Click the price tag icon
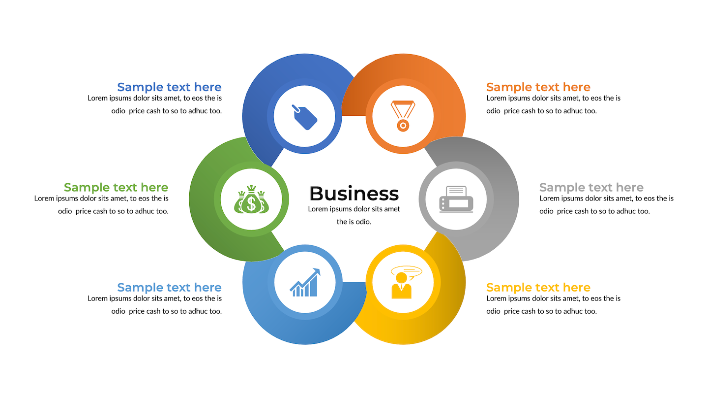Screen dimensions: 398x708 (x=304, y=117)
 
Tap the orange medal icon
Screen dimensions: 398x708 (x=403, y=116)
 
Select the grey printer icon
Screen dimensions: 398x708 (x=456, y=199)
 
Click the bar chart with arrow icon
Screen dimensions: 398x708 (x=304, y=283)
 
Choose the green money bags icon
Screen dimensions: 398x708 (x=251, y=199)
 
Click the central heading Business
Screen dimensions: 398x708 (x=354, y=194)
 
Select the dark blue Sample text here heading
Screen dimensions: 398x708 (x=169, y=87)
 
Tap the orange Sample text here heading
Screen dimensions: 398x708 (x=538, y=87)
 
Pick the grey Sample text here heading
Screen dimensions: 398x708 (x=591, y=188)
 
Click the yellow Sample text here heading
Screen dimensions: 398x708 (x=538, y=288)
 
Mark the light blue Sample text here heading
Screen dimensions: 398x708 (x=169, y=288)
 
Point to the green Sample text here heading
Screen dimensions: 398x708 (x=116, y=188)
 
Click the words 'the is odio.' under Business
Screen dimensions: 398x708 (x=354, y=222)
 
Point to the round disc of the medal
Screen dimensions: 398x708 (x=403, y=126)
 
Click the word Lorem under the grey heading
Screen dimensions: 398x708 (x=549, y=199)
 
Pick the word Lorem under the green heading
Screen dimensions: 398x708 (x=44, y=199)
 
